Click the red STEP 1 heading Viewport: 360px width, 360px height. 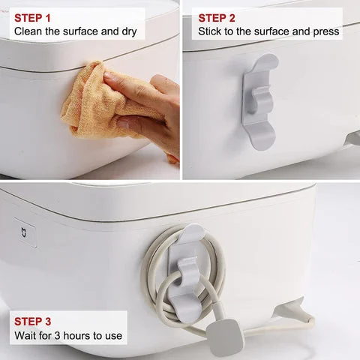click(32, 18)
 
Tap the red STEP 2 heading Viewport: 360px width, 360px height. click(217, 18)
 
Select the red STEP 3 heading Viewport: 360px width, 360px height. click(32, 322)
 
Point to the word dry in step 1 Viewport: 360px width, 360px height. click(129, 32)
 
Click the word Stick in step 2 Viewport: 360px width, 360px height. click(209, 31)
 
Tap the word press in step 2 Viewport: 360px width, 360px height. click(326, 32)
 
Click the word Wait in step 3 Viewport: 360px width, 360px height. click(25, 335)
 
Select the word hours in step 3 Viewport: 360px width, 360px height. click(76, 335)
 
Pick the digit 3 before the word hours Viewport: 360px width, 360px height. click(57, 335)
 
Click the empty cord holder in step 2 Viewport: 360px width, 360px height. click(260, 101)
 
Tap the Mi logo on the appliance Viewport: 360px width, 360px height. click(25, 232)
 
